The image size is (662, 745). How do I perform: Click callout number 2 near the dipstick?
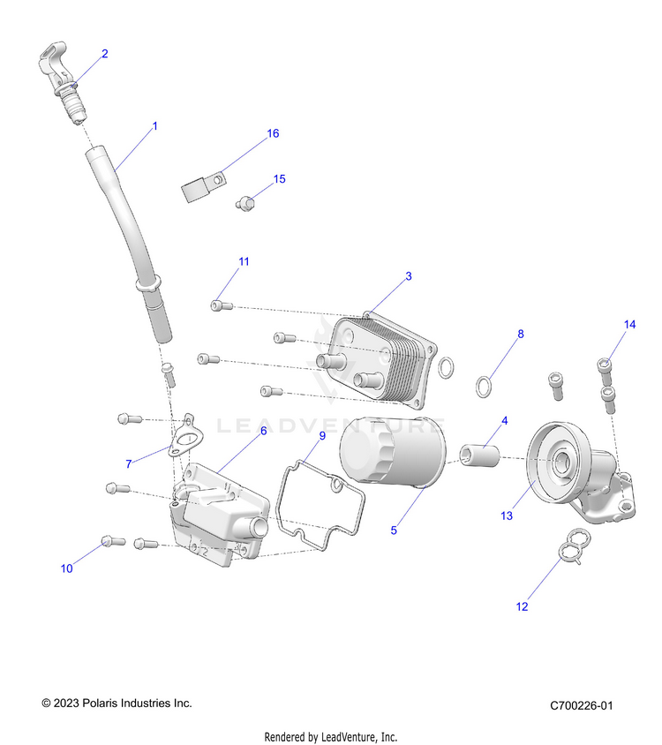tap(105, 54)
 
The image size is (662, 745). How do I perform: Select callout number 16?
tap(273, 133)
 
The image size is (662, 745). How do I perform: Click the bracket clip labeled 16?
tap(200, 189)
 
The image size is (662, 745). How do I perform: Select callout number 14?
tap(629, 325)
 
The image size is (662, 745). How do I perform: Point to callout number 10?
tap(67, 568)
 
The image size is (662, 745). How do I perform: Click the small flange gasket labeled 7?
tap(185, 438)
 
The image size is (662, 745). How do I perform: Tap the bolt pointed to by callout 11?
tap(221, 305)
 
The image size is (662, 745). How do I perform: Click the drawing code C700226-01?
tap(581, 705)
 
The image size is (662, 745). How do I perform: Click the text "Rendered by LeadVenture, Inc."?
tap(331, 736)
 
